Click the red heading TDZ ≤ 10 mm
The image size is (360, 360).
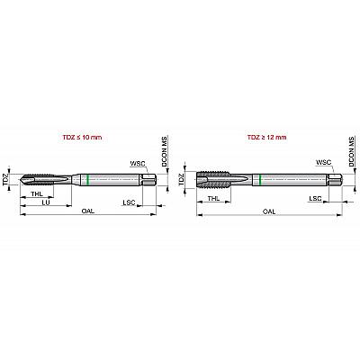tap(82, 138)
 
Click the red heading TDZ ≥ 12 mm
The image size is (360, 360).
tap(266, 138)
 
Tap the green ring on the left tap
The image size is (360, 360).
tap(87, 180)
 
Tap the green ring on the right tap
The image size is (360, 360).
tap(260, 180)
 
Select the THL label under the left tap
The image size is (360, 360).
tap(37, 193)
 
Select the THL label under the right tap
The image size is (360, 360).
tap(213, 198)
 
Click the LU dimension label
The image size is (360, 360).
tap(46, 202)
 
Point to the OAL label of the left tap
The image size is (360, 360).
tap(88, 211)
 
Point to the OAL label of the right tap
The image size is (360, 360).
tap(269, 211)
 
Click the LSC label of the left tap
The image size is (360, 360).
tap(130, 202)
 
